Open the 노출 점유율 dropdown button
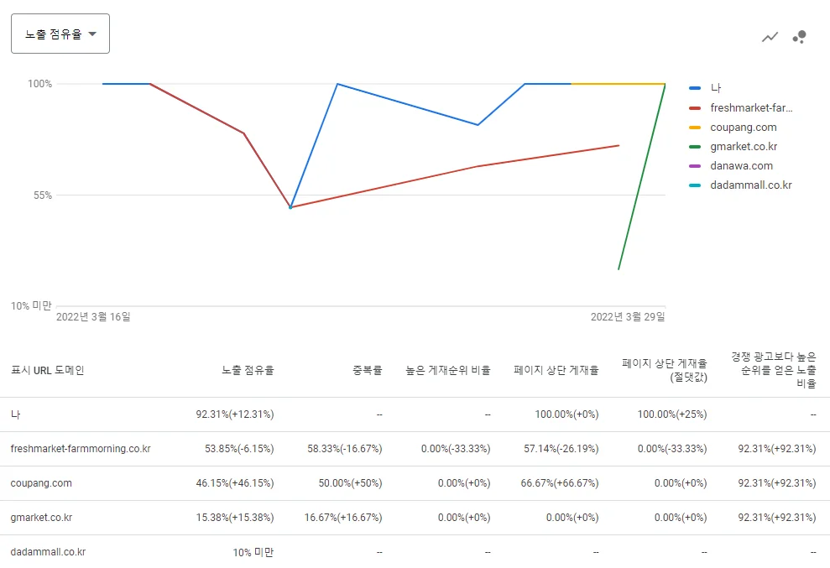click(x=60, y=34)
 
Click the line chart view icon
click(x=770, y=37)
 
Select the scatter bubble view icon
click(x=799, y=37)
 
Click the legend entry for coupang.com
click(x=744, y=127)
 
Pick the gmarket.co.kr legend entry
click(x=744, y=146)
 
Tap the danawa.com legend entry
click(x=741, y=165)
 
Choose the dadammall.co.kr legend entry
click(x=750, y=185)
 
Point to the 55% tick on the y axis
click(x=43, y=195)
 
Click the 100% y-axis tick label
click(x=39, y=84)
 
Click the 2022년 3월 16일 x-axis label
click(x=93, y=316)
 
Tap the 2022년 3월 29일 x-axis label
click(x=628, y=316)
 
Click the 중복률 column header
click(x=368, y=370)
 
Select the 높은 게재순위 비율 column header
click(x=448, y=370)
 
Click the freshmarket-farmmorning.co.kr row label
click(x=81, y=448)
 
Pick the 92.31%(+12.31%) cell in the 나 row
click(x=234, y=414)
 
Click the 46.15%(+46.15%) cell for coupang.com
click(x=234, y=482)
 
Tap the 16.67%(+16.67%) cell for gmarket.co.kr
click(x=343, y=517)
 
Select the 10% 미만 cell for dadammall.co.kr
click(x=253, y=552)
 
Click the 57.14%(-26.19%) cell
click(x=561, y=448)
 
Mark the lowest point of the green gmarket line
click(x=619, y=269)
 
